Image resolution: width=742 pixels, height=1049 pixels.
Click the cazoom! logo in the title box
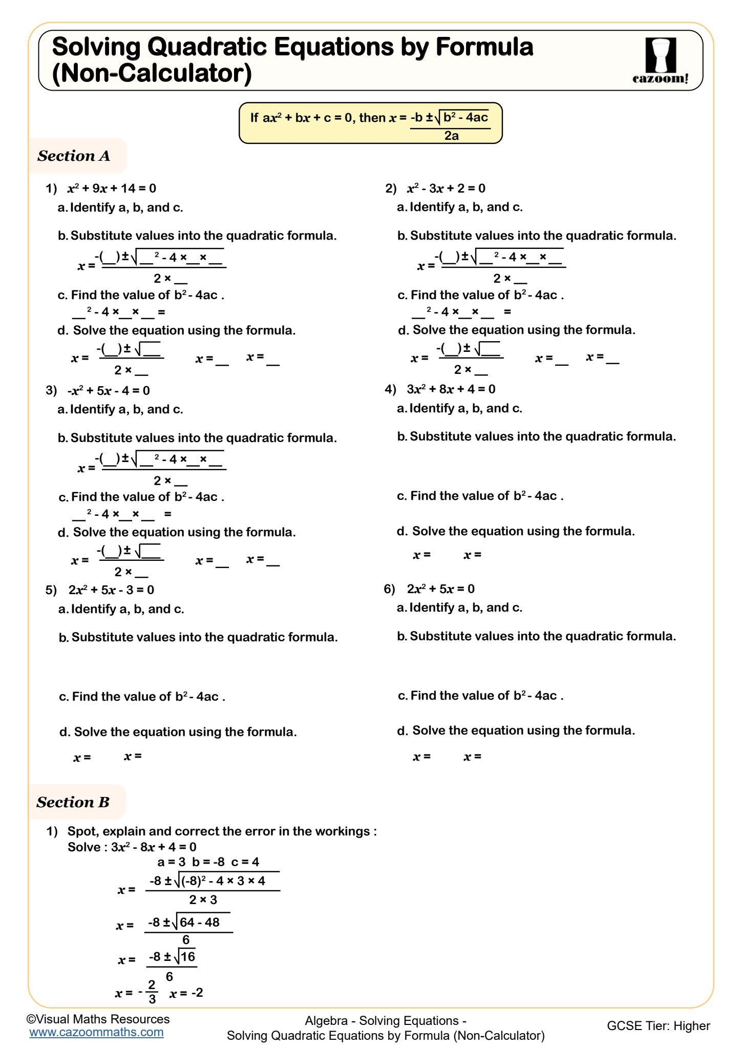tap(661, 60)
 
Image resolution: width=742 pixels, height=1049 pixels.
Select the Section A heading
tap(74, 156)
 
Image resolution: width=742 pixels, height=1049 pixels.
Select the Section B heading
tap(73, 802)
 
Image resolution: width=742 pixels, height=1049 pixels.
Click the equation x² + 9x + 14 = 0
tap(112, 188)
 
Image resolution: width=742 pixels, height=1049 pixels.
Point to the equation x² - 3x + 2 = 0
tap(446, 188)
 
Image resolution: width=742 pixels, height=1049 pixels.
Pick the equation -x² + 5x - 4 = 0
tap(109, 391)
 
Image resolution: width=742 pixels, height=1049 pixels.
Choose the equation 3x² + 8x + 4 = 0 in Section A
tap(451, 389)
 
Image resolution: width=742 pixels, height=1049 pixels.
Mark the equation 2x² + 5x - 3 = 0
tap(111, 590)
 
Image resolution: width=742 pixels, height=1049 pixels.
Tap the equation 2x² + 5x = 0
tap(440, 589)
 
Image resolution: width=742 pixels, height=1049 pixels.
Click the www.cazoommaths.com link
tap(96, 1032)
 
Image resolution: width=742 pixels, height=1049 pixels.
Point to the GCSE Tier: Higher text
tap(658, 1025)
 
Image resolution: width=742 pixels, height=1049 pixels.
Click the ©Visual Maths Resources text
tap(98, 1019)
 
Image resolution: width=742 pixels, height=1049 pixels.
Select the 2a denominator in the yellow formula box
tap(451, 136)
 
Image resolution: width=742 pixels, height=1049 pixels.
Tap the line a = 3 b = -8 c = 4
tap(208, 862)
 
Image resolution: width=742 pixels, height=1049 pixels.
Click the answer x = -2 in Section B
tap(186, 993)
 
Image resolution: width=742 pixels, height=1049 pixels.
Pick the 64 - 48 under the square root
tap(200, 922)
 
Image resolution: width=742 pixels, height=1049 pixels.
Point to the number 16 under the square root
tap(188, 956)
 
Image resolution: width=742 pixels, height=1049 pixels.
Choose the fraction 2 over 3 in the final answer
tap(152, 992)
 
